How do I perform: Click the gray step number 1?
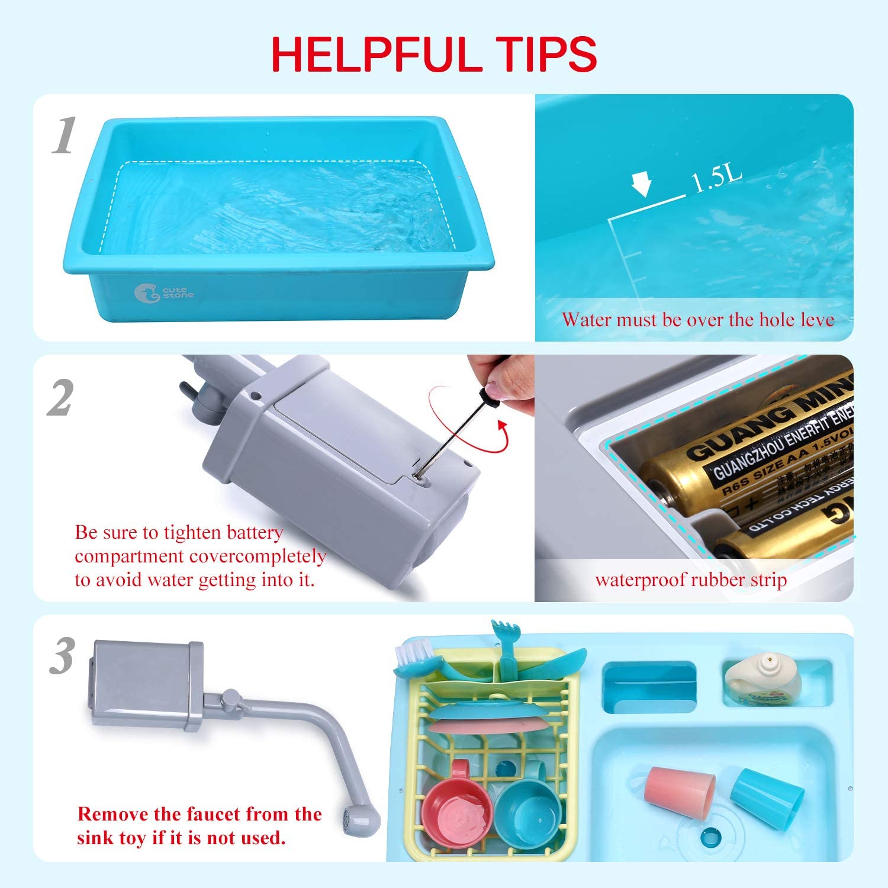[x=64, y=136]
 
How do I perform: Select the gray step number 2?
[x=61, y=397]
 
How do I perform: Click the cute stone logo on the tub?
[x=164, y=292]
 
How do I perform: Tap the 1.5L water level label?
[x=716, y=178]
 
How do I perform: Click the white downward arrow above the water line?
[x=641, y=184]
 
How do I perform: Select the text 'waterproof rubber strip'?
[x=691, y=580]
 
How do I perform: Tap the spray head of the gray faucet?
[x=361, y=821]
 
